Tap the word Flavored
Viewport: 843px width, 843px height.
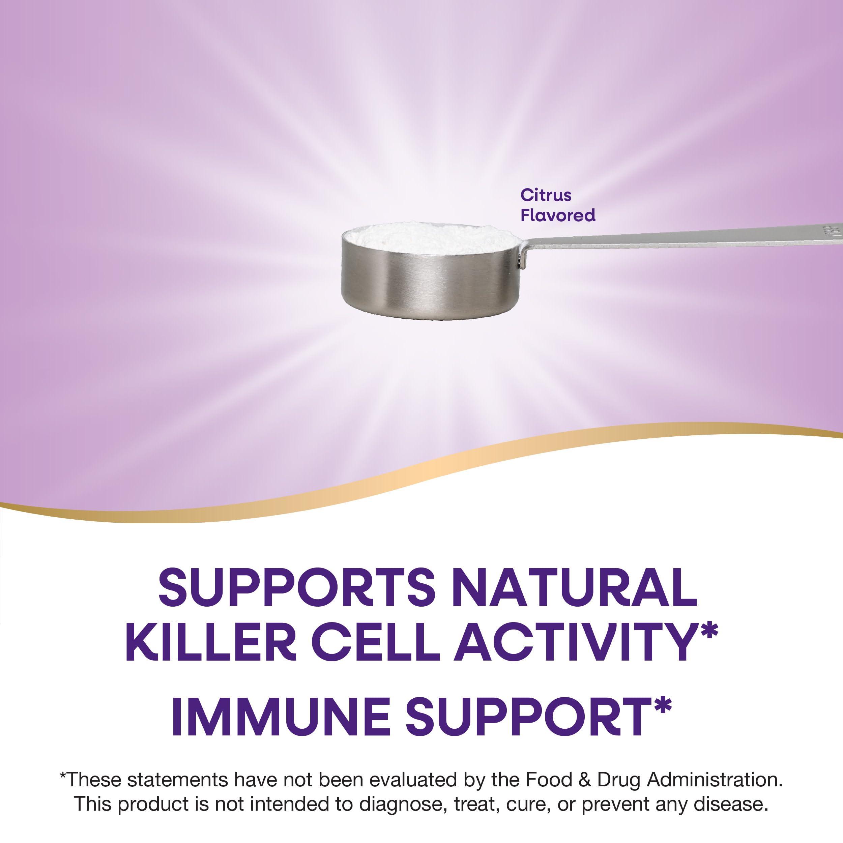coord(558,215)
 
